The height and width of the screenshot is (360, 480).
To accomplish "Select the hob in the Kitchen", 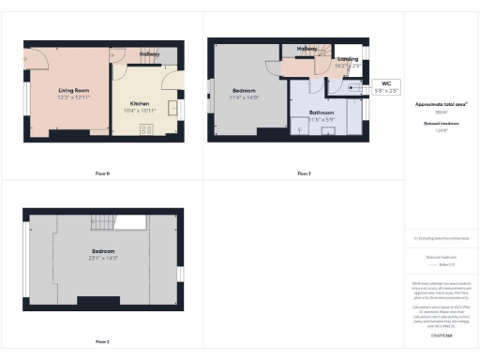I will tap(146, 128).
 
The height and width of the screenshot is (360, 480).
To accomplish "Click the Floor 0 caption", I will tap(102, 173).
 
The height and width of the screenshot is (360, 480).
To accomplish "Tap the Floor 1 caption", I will tap(303, 173).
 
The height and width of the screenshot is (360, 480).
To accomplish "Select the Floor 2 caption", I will tap(102, 341).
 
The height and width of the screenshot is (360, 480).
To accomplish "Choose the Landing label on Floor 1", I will tap(347, 61).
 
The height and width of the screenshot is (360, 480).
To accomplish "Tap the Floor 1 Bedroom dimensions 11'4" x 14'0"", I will tap(245, 97).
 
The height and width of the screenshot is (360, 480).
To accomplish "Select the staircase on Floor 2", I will tap(102, 222).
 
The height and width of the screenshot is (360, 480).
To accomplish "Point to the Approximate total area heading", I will tap(440, 104).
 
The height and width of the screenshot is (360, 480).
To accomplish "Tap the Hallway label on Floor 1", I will tap(307, 48).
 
